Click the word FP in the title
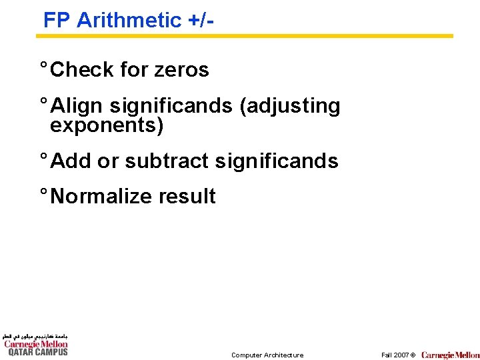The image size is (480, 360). [x=57, y=20]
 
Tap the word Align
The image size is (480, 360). [x=77, y=105]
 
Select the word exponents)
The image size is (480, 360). [x=107, y=125]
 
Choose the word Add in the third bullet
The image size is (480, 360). [x=71, y=161]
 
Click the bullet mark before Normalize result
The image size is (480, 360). [x=43, y=193]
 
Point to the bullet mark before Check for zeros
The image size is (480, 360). [x=43, y=67]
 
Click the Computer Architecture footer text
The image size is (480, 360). [x=267, y=355]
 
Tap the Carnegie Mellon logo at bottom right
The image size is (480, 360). [x=450, y=355]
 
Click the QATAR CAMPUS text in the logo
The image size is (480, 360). [x=37, y=352]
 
